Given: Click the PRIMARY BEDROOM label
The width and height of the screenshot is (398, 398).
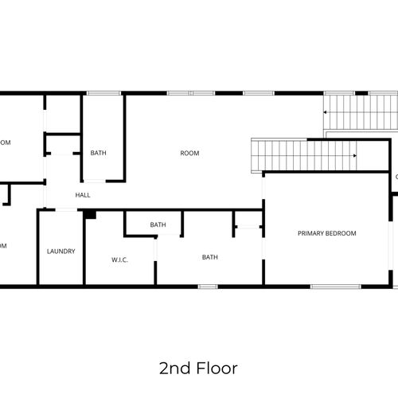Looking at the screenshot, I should pos(326,233).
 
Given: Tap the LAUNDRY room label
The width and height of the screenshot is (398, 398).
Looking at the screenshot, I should pos(60,252).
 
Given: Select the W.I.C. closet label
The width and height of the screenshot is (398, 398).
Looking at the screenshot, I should pos(120,259).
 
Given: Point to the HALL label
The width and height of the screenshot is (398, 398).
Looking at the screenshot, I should pos(83,195).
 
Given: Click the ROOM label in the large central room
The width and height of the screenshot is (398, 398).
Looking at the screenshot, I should pos(189,153).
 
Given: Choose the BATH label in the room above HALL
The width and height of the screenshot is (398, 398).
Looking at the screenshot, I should pos(98,153).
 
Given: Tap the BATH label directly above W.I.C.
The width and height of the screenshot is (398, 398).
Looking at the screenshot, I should pos(158,225).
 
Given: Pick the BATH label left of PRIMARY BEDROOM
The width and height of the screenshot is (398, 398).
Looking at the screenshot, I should pos(209,257).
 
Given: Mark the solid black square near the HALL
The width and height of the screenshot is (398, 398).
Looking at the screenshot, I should pos(90,214).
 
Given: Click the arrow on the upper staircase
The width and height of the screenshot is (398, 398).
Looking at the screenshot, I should pos(326,113).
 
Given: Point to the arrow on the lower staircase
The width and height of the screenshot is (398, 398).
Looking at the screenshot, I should pos(353,155).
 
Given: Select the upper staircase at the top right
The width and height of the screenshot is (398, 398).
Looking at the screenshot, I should pos(360,111).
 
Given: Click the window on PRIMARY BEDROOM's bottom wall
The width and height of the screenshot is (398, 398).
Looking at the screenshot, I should pos(335,287).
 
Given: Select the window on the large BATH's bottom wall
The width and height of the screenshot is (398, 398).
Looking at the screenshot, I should pos(208,287).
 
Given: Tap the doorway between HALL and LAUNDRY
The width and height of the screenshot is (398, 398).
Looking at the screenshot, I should pos(66,210).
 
